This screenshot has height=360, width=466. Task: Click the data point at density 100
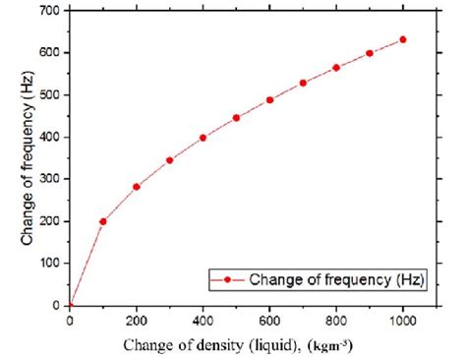pyautogui.click(x=103, y=221)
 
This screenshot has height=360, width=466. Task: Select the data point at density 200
pyautogui.click(x=137, y=187)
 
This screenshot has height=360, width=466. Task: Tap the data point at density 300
pyautogui.click(x=170, y=160)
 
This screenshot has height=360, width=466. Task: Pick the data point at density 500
pyautogui.click(x=236, y=118)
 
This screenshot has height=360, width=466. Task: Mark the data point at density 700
pyautogui.click(x=303, y=83)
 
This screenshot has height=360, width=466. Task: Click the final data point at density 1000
pyautogui.click(x=403, y=39)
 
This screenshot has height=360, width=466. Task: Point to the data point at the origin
pyautogui.click(x=70, y=306)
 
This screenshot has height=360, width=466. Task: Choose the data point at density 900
pyautogui.click(x=370, y=53)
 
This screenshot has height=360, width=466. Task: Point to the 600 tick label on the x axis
pyautogui.click(x=269, y=321)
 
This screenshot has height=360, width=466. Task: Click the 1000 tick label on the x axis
pyautogui.click(x=403, y=321)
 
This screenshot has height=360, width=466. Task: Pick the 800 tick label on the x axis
pyautogui.click(x=336, y=321)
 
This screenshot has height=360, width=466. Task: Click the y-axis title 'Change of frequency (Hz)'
pyautogui.click(x=21, y=157)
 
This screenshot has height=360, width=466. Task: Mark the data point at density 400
pyautogui.click(x=204, y=138)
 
